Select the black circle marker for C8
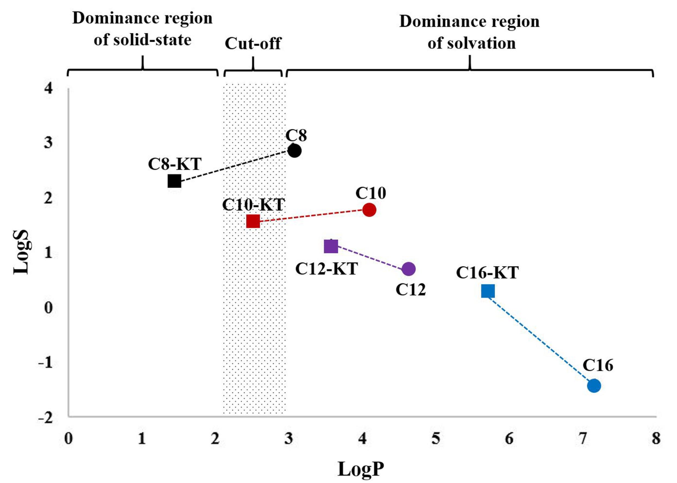(295, 151)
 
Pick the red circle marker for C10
(369, 210)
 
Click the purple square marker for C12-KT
(331, 246)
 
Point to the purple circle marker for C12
(409, 269)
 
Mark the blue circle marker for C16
(594, 386)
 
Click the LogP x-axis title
(361, 469)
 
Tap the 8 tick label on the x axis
(656, 438)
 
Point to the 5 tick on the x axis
(436, 438)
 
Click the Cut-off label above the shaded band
(253, 43)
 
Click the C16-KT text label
(487, 272)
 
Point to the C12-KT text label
(326, 269)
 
